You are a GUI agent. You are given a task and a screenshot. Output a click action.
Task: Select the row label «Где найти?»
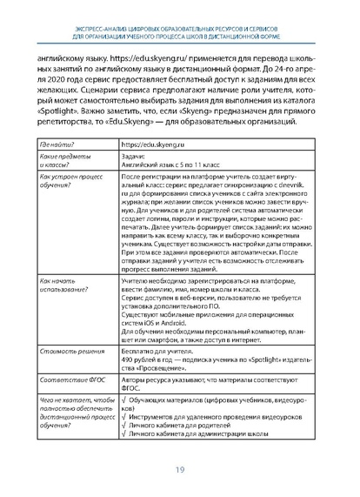[57, 144]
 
